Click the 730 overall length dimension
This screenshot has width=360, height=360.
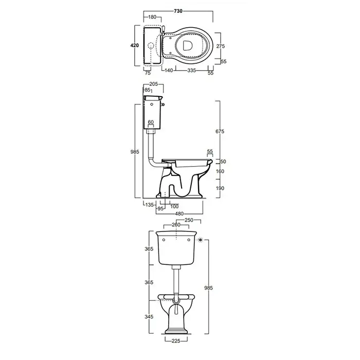[178, 11]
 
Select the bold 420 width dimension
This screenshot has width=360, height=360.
[135, 45]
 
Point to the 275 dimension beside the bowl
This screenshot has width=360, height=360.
[221, 46]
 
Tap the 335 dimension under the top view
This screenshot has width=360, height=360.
[191, 70]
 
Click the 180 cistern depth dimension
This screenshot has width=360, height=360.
[152, 17]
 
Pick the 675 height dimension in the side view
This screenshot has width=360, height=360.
[220, 131]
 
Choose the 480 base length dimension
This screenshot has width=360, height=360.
[179, 214]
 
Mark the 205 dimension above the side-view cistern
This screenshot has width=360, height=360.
[154, 84]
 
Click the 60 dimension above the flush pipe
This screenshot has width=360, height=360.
[151, 122]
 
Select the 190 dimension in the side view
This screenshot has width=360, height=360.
[220, 188]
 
